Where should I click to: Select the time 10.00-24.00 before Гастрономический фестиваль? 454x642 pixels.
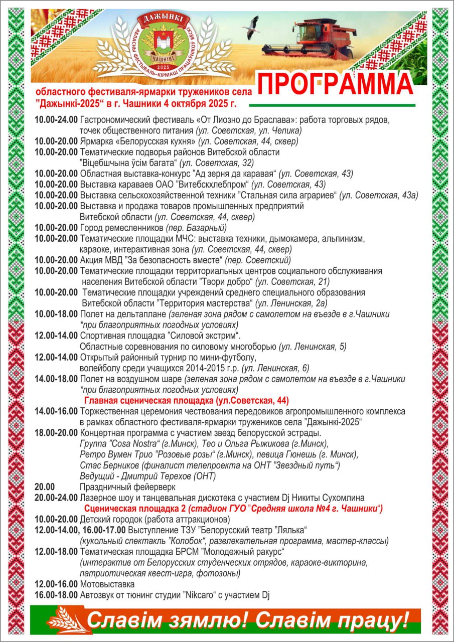coord(56,120)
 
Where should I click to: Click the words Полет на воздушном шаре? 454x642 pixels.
coord(131,379)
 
